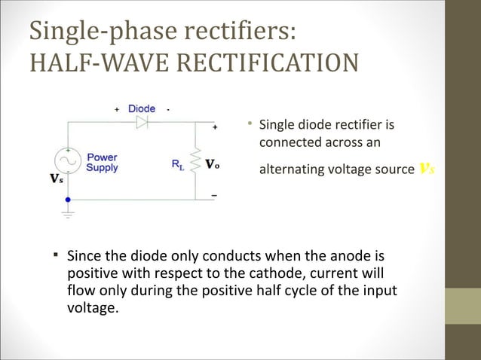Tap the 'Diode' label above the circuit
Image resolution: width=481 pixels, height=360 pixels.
click(x=142, y=108)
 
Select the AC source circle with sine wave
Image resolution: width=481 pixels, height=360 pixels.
click(x=68, y=161)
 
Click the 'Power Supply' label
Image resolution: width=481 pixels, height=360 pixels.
click(x=101, y=163)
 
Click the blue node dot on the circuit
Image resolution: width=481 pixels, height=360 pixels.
click(x=68, y=200)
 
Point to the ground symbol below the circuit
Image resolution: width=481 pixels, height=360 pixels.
click(x=68, y=214)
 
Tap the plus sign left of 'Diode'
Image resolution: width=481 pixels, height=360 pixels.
click(x=117, y=109)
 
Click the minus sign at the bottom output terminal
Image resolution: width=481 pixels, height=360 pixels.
click(x=213, y=194)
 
